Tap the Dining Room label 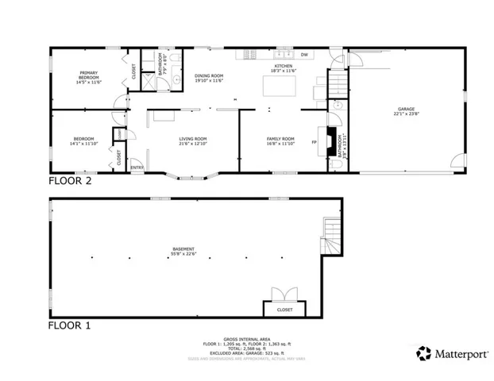click(209, 77)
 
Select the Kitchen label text click(284, 66)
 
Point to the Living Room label click(192, 140)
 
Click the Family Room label click(280, 140)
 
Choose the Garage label click(406, 109)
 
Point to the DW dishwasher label click(304, 55)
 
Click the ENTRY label click(137, 167)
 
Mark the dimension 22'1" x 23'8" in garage click(406, 114)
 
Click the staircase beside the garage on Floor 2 click(338, 82)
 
